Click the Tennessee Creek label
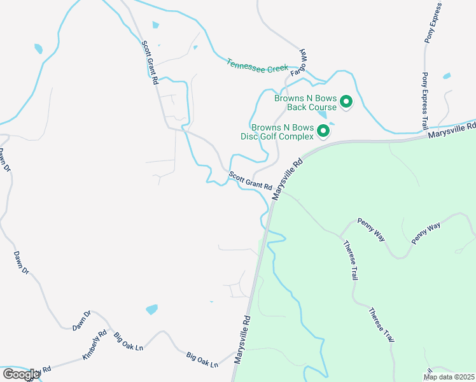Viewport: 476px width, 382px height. click(257, 66)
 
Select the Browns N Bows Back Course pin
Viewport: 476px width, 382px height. click(346, 101)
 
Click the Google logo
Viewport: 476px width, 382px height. click(20, 374)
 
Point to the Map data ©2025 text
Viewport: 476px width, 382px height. click(448, 376)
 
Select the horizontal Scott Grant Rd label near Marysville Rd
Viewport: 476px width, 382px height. click(251, 182)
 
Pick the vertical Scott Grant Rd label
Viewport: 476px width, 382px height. click(149, 62)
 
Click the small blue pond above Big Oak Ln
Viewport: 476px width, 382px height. click(151, 309)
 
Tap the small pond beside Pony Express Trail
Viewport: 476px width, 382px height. click(447, 76)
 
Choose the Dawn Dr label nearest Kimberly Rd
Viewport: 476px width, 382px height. click(81, 321)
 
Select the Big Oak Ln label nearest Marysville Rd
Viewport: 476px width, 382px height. click(202, 360)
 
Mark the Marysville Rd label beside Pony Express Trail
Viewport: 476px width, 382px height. click(452, 131)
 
